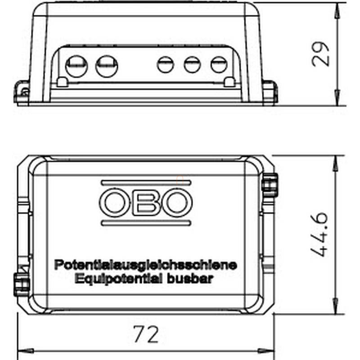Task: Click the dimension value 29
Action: (x=320, y=54)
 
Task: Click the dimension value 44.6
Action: (x=319, y=234)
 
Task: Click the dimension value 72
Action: (x=146, y=334)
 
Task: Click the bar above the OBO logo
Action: (x=146, y=183)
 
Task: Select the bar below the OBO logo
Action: (x=146, y=223)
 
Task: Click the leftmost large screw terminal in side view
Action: (x=76, y=66)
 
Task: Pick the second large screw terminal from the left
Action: (x=107, y=66)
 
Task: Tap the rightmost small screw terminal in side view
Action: (x=219, y=64)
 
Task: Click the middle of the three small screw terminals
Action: (x=193, y=64)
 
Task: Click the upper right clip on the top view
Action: (x=270, y=185)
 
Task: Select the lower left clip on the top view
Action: (x=22, y=284)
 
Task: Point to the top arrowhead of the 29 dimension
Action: (x=337, y=10)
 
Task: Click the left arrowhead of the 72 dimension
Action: (x=26, y=351)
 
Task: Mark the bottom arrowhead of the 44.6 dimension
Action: (x=336, y=306)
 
